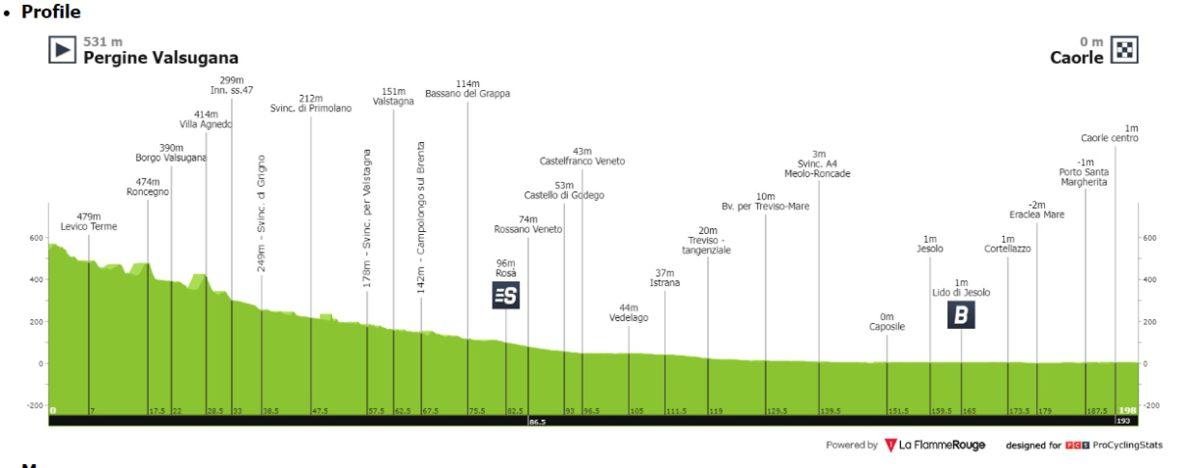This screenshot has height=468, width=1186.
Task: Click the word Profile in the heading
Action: click(x=51, y=13)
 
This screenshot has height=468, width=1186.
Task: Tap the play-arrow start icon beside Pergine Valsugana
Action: click(x=63, y=49)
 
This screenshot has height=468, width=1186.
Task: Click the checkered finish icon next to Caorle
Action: click(x=1125, y=49)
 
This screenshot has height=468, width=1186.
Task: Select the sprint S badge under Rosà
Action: click(x=506, y=295)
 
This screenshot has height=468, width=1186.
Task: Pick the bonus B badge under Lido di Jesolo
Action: click(x=961, y=314)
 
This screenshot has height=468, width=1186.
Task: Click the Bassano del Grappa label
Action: click(x=467, y=94)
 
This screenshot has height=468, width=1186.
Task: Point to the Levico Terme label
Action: click(x=89, y=227)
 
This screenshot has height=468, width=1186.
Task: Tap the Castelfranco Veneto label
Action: click(x=581, y=161)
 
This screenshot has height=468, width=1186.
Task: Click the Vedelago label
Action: click(x=629, y=318)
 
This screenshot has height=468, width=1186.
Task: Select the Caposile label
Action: click(x=887, y=327)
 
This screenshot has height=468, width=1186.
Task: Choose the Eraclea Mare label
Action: click(x=1037, y=215)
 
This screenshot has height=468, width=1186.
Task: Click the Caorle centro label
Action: click(x=1110, y=138)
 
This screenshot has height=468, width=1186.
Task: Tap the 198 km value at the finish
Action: click(x=1127, y=411)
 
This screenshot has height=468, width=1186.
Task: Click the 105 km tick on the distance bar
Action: click(x=636, y=411)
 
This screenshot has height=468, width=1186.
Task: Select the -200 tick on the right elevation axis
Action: click(x=1151, y=405)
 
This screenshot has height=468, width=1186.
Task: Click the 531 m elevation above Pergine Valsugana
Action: click(x=103, y=42)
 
